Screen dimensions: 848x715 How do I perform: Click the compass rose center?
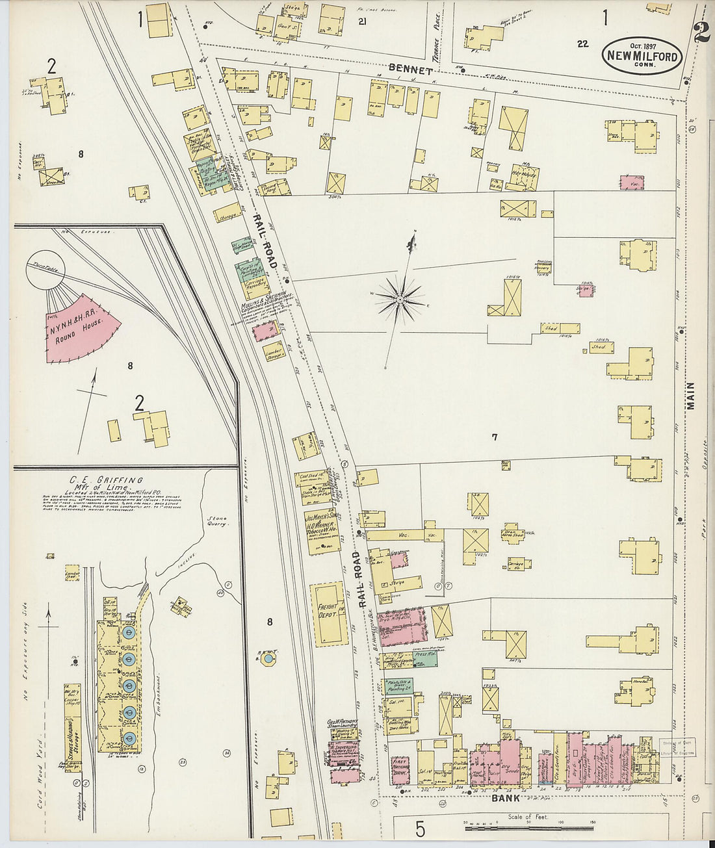(x=400, y=299)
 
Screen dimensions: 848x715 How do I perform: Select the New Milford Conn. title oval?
(x=643, y=56)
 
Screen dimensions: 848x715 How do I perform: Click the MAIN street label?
(x=690, y=395)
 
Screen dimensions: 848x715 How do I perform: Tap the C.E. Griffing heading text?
(x=107, y=482)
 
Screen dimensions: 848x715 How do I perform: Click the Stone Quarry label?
(x=218, y=520)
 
